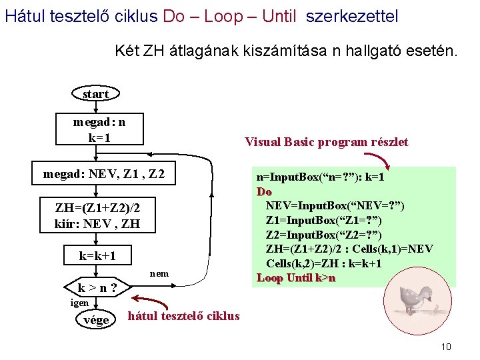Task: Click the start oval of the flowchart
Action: pyautogui.click(x=95, y=94)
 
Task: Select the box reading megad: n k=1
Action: pyautogui.click(x=99, y=130)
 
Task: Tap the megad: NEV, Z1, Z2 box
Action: pyautogui.click(x=103, y=175)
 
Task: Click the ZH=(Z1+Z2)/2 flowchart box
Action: pyautogui.click(x=97, y=215)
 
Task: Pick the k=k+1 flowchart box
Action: pyautogui.click(x=97, y=256)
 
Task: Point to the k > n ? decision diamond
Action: pyautogui.click(x=97, y=289)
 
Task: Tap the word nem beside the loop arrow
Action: pyautogui.click(x=159, y=273)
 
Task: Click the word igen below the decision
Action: pyautogui.click(x=79, y=303)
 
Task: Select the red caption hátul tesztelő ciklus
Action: pyautogui.click(x=183, y=316)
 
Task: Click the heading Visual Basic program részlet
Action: pyautogui.click(x=326, y=142)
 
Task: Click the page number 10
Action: pyautogui.click(x=446, y=347)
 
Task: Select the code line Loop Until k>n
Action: pyautogui.click(x=296, y=278)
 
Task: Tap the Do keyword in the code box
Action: pyautogui.click(x=264, y=191)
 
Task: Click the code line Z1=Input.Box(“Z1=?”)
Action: pyautogui.click(x=323, y=220)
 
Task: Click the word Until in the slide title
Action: pyautogui.click(x=279, y=16)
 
